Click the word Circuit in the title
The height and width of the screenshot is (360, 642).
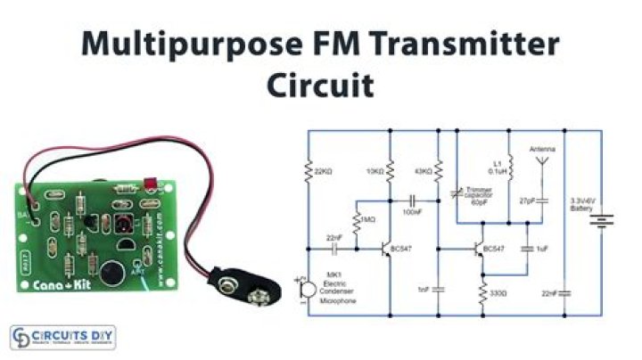(320, 86)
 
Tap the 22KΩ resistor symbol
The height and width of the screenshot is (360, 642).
(309, 169)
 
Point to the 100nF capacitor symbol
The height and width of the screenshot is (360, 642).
(414, 200)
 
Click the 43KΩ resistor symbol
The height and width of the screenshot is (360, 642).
(439, 171)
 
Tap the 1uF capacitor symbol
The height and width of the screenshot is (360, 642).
(526, 249)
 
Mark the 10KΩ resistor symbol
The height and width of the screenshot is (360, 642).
(391, 171)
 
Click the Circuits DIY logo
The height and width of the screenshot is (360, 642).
(62, 338)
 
